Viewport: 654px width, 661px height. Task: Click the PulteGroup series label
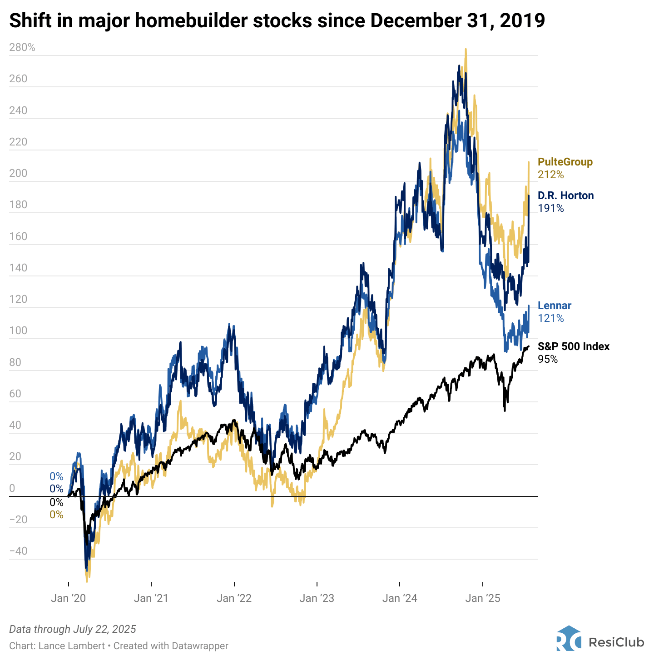565,162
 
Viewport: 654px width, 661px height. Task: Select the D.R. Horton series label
565,195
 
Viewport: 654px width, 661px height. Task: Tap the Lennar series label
554,305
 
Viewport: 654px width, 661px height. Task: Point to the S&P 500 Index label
573,346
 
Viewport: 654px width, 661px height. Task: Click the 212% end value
550,175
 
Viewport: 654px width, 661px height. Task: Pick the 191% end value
550,208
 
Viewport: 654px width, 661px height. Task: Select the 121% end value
550,318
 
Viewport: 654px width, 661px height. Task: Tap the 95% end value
548,359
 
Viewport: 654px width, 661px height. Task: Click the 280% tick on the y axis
22,47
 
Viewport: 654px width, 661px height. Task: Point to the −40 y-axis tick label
18,551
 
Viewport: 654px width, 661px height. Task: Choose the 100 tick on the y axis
18,330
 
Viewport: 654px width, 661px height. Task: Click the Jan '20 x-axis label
68,598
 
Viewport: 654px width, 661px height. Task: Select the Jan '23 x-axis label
317,598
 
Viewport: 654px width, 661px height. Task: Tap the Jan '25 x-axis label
482,598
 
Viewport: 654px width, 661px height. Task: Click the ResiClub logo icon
568,638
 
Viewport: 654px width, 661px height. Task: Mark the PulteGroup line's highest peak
466,50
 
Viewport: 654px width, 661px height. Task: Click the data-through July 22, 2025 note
73,629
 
